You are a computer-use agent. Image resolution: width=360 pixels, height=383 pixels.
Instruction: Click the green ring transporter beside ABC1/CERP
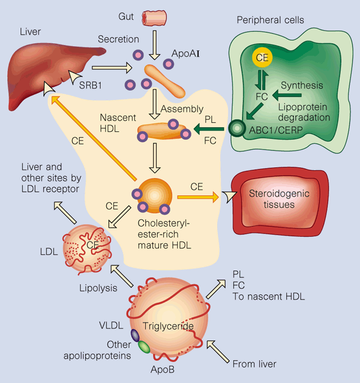(238, 127)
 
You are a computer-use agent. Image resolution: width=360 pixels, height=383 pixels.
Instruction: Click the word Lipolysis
(97, 288)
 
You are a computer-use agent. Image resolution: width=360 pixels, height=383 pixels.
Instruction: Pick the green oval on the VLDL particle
(144, 346)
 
